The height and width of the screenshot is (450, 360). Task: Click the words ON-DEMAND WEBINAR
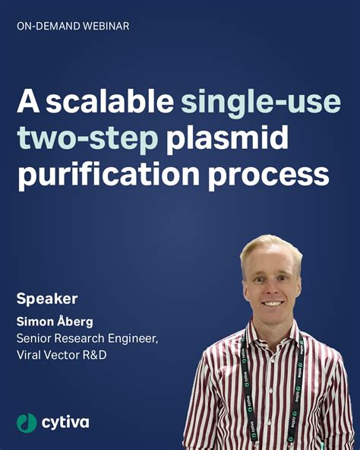(72, 26)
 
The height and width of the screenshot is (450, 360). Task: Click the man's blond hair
(270, 246)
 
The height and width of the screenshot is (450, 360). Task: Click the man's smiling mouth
(272, 303)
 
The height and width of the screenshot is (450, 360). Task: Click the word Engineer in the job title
(131, 337)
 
